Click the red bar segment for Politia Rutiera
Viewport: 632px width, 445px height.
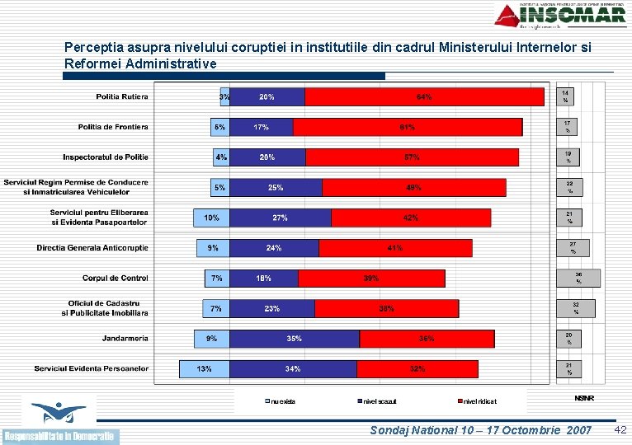(425, 97)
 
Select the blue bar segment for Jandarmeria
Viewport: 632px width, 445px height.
(295, 339)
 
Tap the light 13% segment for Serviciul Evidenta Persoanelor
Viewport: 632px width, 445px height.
(205, 368)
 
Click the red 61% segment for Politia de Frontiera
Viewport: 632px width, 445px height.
(408, 127)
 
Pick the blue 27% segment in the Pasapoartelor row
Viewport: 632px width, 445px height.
(281, 218)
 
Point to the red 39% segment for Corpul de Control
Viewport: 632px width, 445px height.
(371, 279)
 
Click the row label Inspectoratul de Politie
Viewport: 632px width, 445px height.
(106, 157)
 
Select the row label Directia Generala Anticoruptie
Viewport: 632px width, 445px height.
(92, 247)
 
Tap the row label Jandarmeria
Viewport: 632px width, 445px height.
(125, 338)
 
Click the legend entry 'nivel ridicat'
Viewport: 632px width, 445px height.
(479, 401)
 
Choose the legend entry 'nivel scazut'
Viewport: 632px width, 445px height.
(379, 401)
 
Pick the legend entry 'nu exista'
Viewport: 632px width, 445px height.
(281, 401)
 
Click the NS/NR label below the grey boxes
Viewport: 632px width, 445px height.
(583, 398)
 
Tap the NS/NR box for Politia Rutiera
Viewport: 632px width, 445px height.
(567, 96)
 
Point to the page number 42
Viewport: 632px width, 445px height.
(620, 430)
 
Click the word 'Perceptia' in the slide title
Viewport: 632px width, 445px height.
(91, 48)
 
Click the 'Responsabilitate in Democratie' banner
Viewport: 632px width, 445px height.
(60, 436)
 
